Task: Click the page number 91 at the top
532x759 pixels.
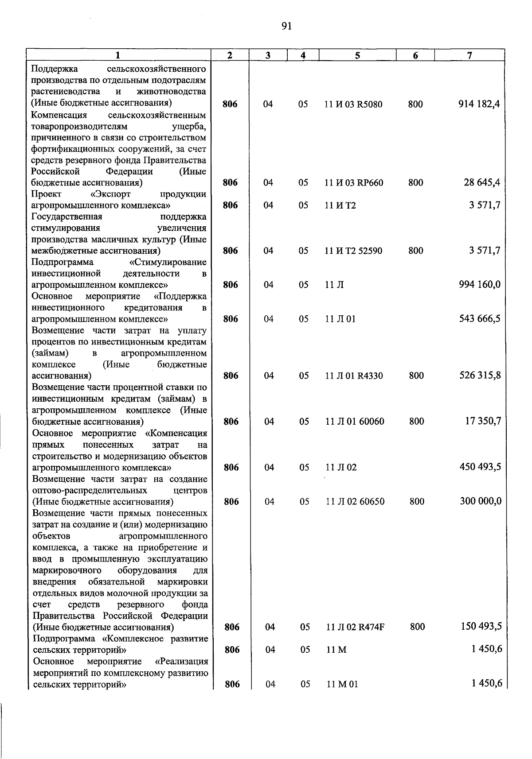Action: point(286,27)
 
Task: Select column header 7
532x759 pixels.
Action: point(469,55)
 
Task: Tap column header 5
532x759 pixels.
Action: point(357,55)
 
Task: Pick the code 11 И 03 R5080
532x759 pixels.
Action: point(353,105)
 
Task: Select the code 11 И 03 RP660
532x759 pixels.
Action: point(354,183)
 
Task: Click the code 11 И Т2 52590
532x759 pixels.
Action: point(353,251)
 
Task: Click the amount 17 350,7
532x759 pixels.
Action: point(483,421)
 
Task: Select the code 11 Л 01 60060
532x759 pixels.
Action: point(355,422)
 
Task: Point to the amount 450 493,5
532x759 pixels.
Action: point(480,467)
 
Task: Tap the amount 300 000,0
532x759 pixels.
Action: point(481,501)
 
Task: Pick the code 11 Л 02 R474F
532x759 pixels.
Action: point(355,627)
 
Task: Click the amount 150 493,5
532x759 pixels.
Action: point(481,626)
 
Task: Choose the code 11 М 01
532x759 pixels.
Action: point(342,684)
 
